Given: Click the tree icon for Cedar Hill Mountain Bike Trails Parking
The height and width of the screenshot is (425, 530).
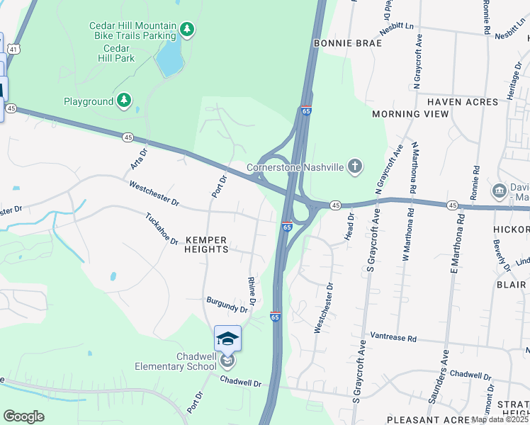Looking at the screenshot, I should pyautogui.click(x=187, y=30).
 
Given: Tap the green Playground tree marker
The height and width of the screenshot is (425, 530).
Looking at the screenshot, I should pyautogui.click(x=125, y=101).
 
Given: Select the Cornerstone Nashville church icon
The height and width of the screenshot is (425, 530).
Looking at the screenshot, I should pyautogui.click(x=355, y=167).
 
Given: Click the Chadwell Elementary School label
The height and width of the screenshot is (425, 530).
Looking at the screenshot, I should pyautogui.click(x=176, y=361).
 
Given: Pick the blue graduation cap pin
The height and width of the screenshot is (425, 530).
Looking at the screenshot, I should pyautogui.click(x=227, y=339).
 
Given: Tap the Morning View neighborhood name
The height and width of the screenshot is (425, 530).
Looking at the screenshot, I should pyautogui.click(x=410, y=114).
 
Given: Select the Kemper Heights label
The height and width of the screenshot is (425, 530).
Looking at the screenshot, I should pyautogui.click(x=206, y=244).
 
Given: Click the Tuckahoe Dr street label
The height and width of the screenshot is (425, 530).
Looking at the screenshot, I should pyautogui.click(x=162, y=229).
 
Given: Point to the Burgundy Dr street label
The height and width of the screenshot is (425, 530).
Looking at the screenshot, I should pyautogui.click(x=227, y=305).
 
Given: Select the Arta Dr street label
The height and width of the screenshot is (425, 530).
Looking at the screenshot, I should pyautogui.click(x=137, y=158).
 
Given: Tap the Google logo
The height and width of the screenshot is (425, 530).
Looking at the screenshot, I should pyautogui.click(x=23, y=416).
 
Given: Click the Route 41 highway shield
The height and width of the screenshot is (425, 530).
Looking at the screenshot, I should pyautogui.click(x=14, y=48).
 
